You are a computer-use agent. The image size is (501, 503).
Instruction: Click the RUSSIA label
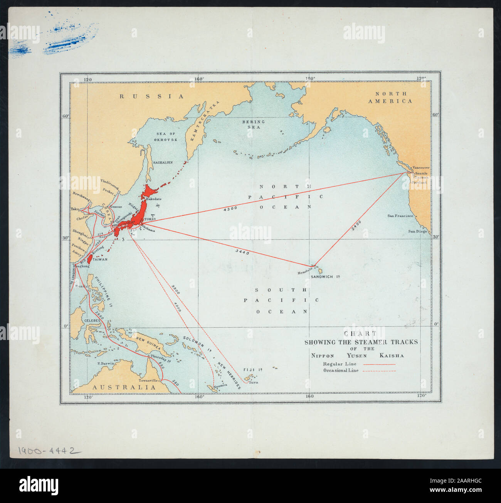point(152,96)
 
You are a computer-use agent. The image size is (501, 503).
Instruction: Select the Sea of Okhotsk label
point(166,136)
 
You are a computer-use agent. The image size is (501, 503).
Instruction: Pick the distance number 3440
point(242,252)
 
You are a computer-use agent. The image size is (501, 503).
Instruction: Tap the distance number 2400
point(356,225)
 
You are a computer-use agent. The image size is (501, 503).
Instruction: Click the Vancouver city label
point(421,168)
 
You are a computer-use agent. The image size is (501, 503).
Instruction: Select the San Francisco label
point(400,216)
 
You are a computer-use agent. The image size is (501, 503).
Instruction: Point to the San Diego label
point(418,231)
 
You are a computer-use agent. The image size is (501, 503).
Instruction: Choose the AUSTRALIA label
point(123,387)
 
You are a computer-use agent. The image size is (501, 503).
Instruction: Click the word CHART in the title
point(361,335)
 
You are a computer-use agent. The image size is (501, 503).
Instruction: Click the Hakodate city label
point(153,199)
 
